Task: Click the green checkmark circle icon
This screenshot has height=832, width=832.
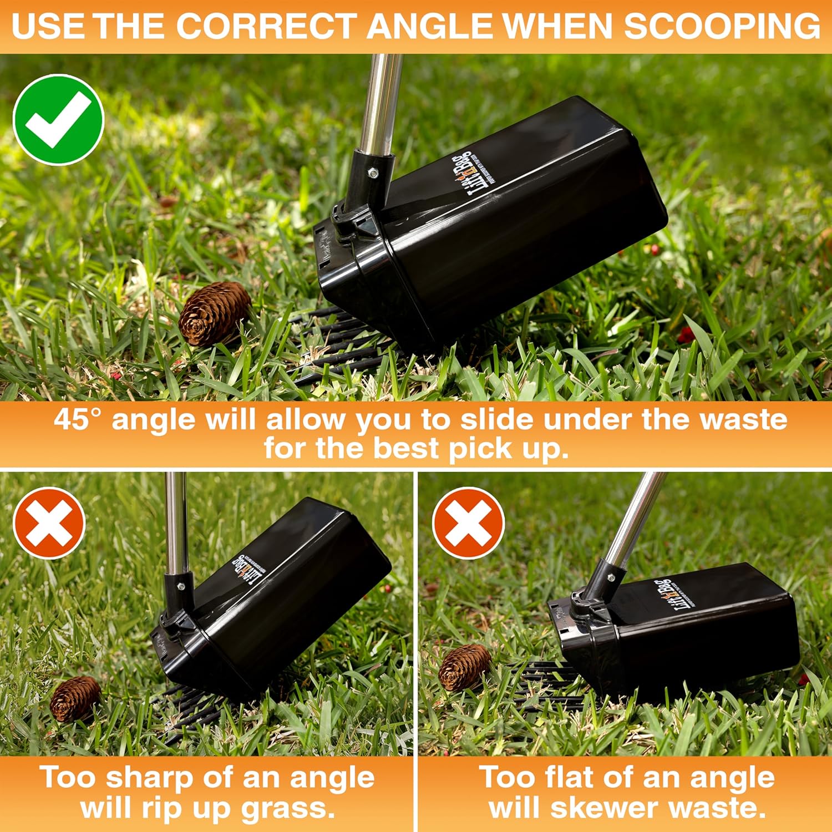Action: (x=58, y=119)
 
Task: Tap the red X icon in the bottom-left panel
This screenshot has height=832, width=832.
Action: (x=49, y=522)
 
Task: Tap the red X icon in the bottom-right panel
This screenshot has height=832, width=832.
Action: (x=469, y=522)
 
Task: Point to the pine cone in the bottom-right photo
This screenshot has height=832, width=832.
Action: (x=465, y=667)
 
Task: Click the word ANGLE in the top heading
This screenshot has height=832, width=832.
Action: (x=430, y=26)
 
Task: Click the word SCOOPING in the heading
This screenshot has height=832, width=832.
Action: (x=721, y=26)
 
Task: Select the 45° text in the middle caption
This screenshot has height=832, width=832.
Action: (x=79, y=419)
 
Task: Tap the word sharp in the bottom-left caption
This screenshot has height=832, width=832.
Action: (x=149, y=778)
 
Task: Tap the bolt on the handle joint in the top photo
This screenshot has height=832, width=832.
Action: (x=373, y=173)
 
